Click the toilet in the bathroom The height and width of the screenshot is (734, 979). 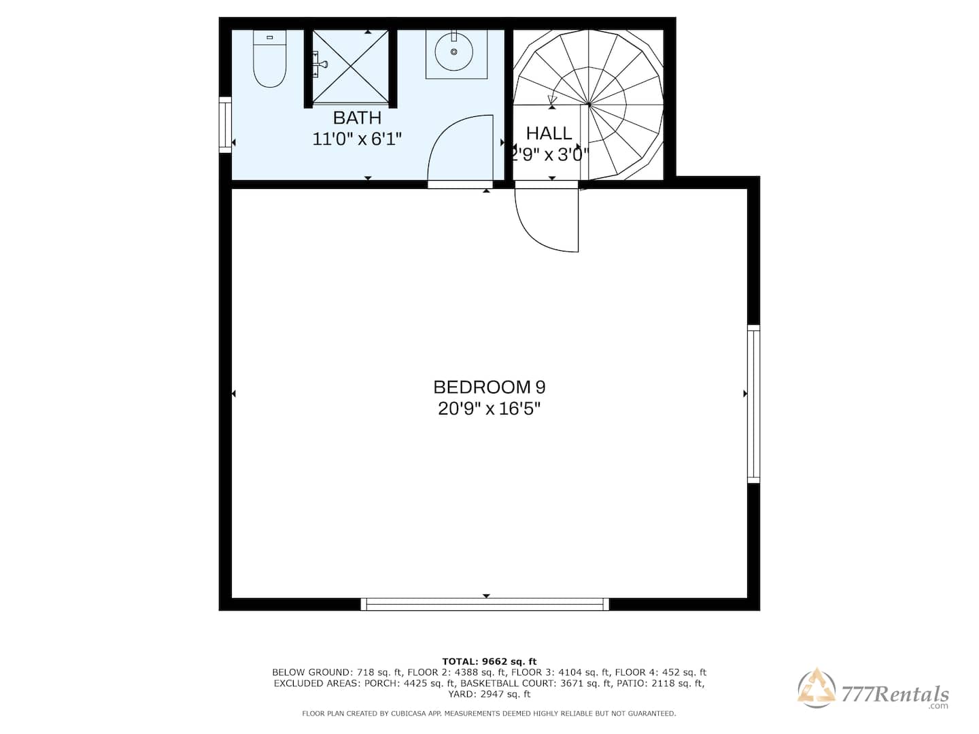click(x=269, y=58)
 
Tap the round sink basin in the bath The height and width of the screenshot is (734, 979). click(x=453, y=52)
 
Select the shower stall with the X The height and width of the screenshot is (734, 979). click(x=351, y=66)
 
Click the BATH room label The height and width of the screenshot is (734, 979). click(x=357, y=118)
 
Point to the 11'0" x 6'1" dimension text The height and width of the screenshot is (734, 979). click(x=357, y=139)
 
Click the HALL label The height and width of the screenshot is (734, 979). click(x=549, y=133)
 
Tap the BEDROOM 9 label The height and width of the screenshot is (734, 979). click(x=489, y=387)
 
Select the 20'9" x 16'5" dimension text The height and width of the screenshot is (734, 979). click(x=489, y=408)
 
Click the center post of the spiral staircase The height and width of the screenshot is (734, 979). click(x=589, y=105)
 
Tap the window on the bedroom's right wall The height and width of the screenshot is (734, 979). click(x=753, y=404)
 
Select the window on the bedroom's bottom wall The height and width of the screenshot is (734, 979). click(x=485, y=604)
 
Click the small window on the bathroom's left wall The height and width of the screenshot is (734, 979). click(x=225, y=125)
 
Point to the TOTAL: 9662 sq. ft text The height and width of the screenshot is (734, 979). click(x=489, y=661)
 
